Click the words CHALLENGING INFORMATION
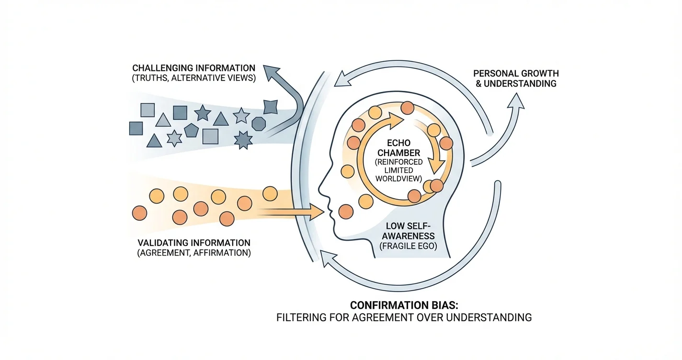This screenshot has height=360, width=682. point(193,68)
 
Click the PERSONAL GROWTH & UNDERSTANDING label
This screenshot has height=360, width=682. point(515,79)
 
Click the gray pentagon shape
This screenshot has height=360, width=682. point(191,130)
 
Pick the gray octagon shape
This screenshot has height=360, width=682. point(259,124)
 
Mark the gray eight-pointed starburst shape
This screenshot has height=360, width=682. point(243,139)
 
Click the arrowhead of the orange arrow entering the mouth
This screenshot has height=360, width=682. point(318,212)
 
